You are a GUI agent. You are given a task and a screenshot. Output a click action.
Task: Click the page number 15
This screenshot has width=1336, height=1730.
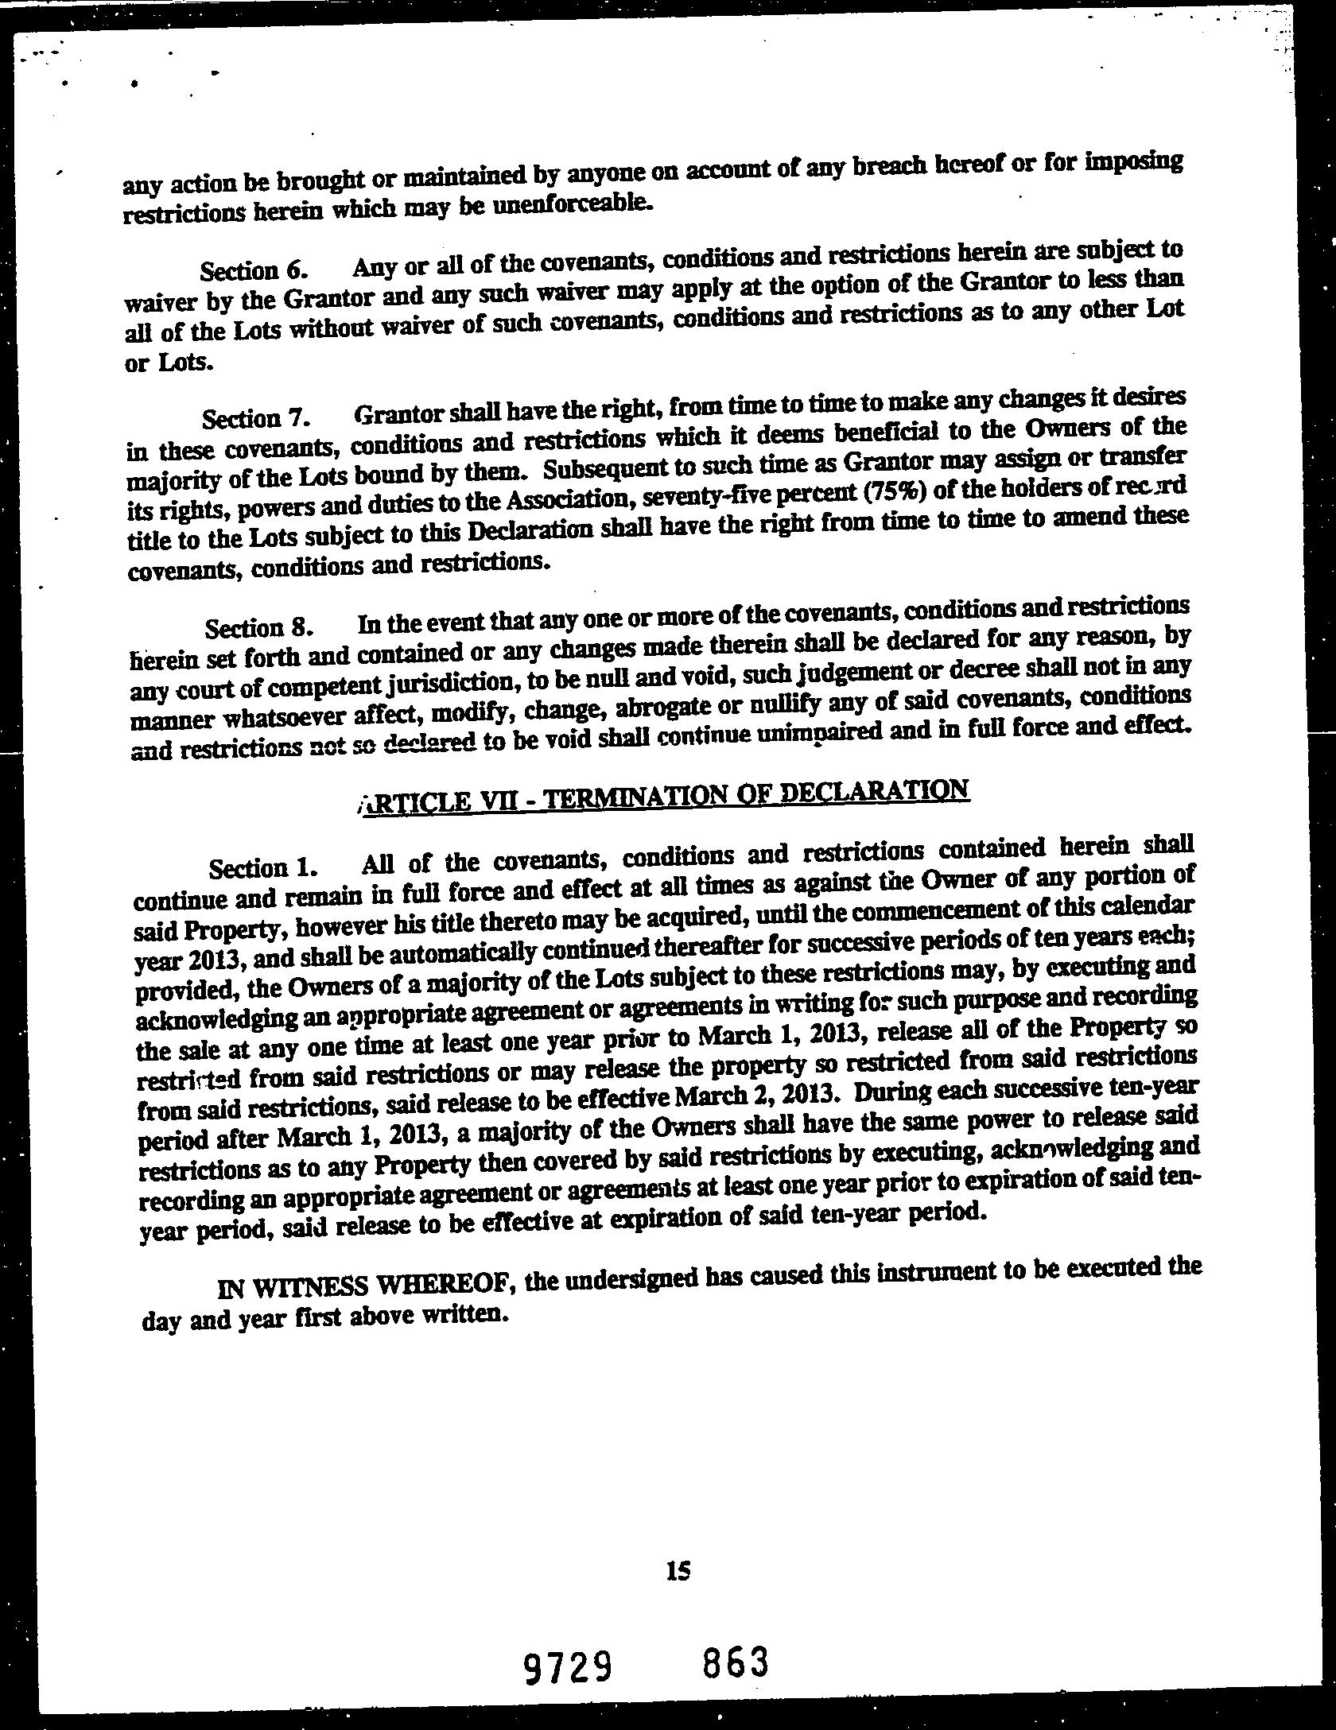click(x=679, y=1570)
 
